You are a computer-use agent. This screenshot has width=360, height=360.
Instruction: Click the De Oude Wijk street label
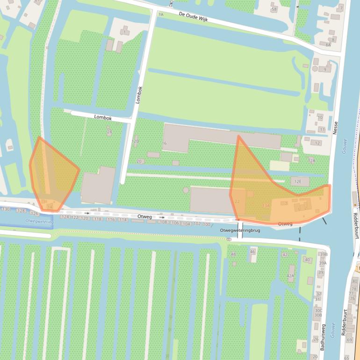(193, 18)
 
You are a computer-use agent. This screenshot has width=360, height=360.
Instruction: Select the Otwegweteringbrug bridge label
(240, 230)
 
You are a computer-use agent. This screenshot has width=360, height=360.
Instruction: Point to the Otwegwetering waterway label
(38, 221)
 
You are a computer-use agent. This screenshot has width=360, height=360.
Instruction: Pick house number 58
(274, 9)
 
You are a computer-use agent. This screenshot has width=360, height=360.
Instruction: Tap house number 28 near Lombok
(109, 132)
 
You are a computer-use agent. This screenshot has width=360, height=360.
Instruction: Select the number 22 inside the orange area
(237, 202)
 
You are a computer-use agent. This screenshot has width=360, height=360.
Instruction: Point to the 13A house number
(266, 205)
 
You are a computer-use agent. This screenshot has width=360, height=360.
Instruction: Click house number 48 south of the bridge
(233, 254)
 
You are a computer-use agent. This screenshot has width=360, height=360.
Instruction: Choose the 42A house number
(290, 276)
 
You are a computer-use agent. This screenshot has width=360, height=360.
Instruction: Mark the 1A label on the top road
(161, 15)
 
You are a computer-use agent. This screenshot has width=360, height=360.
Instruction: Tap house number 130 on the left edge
(6, 209)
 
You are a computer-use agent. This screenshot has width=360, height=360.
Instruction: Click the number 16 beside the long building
(164, 143)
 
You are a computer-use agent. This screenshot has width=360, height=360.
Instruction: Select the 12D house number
(136, 141)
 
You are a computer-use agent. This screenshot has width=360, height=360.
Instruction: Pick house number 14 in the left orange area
(50, 207)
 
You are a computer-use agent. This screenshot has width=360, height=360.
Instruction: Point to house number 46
(252, 252)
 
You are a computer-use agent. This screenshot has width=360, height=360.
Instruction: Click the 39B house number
(323, 254)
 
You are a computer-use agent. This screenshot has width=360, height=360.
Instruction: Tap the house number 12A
(312, 160)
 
